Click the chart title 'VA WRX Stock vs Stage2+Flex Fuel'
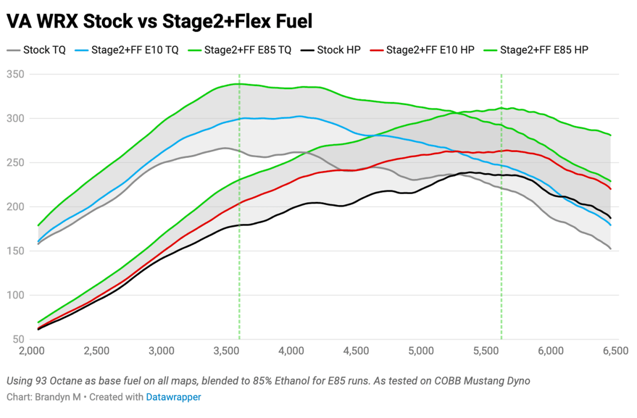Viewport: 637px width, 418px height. (x=159, y=21)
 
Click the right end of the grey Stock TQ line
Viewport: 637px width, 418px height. (x=610, y=248)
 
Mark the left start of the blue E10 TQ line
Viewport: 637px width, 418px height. (x=38, y=242)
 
